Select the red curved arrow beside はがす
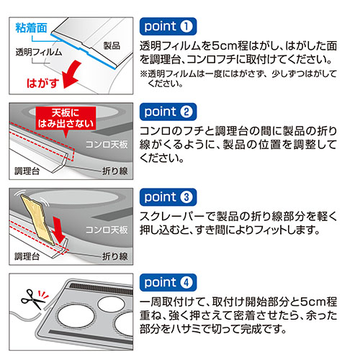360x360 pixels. pos(73,72)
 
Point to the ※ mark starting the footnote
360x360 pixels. pos(143,74)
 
